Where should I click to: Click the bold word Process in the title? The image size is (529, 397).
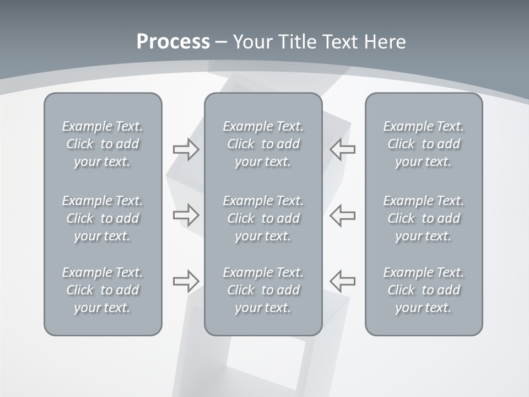(173, 42)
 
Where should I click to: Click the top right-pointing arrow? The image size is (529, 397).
(186, 149)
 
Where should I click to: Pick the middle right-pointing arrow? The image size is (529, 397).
(186, 214)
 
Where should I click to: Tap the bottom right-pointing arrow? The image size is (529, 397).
(186, 281)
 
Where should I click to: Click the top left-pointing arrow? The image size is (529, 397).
(343, 149)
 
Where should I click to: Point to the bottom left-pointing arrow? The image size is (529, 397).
(343, 281)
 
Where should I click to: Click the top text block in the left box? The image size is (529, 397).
(102, 144)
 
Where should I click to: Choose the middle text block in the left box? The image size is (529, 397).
(102, 218)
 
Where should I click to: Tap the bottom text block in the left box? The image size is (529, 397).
(102, 290)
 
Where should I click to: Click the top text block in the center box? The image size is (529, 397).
(263, 144)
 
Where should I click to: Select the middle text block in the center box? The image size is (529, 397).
(263, 218)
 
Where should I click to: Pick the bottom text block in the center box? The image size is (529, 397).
(263, 290)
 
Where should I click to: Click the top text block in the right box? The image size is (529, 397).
(423, 144)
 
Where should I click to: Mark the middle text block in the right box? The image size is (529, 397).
(423, 218)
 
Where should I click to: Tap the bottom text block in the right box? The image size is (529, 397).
(423, 290)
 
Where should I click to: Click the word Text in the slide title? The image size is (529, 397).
(340, 42)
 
